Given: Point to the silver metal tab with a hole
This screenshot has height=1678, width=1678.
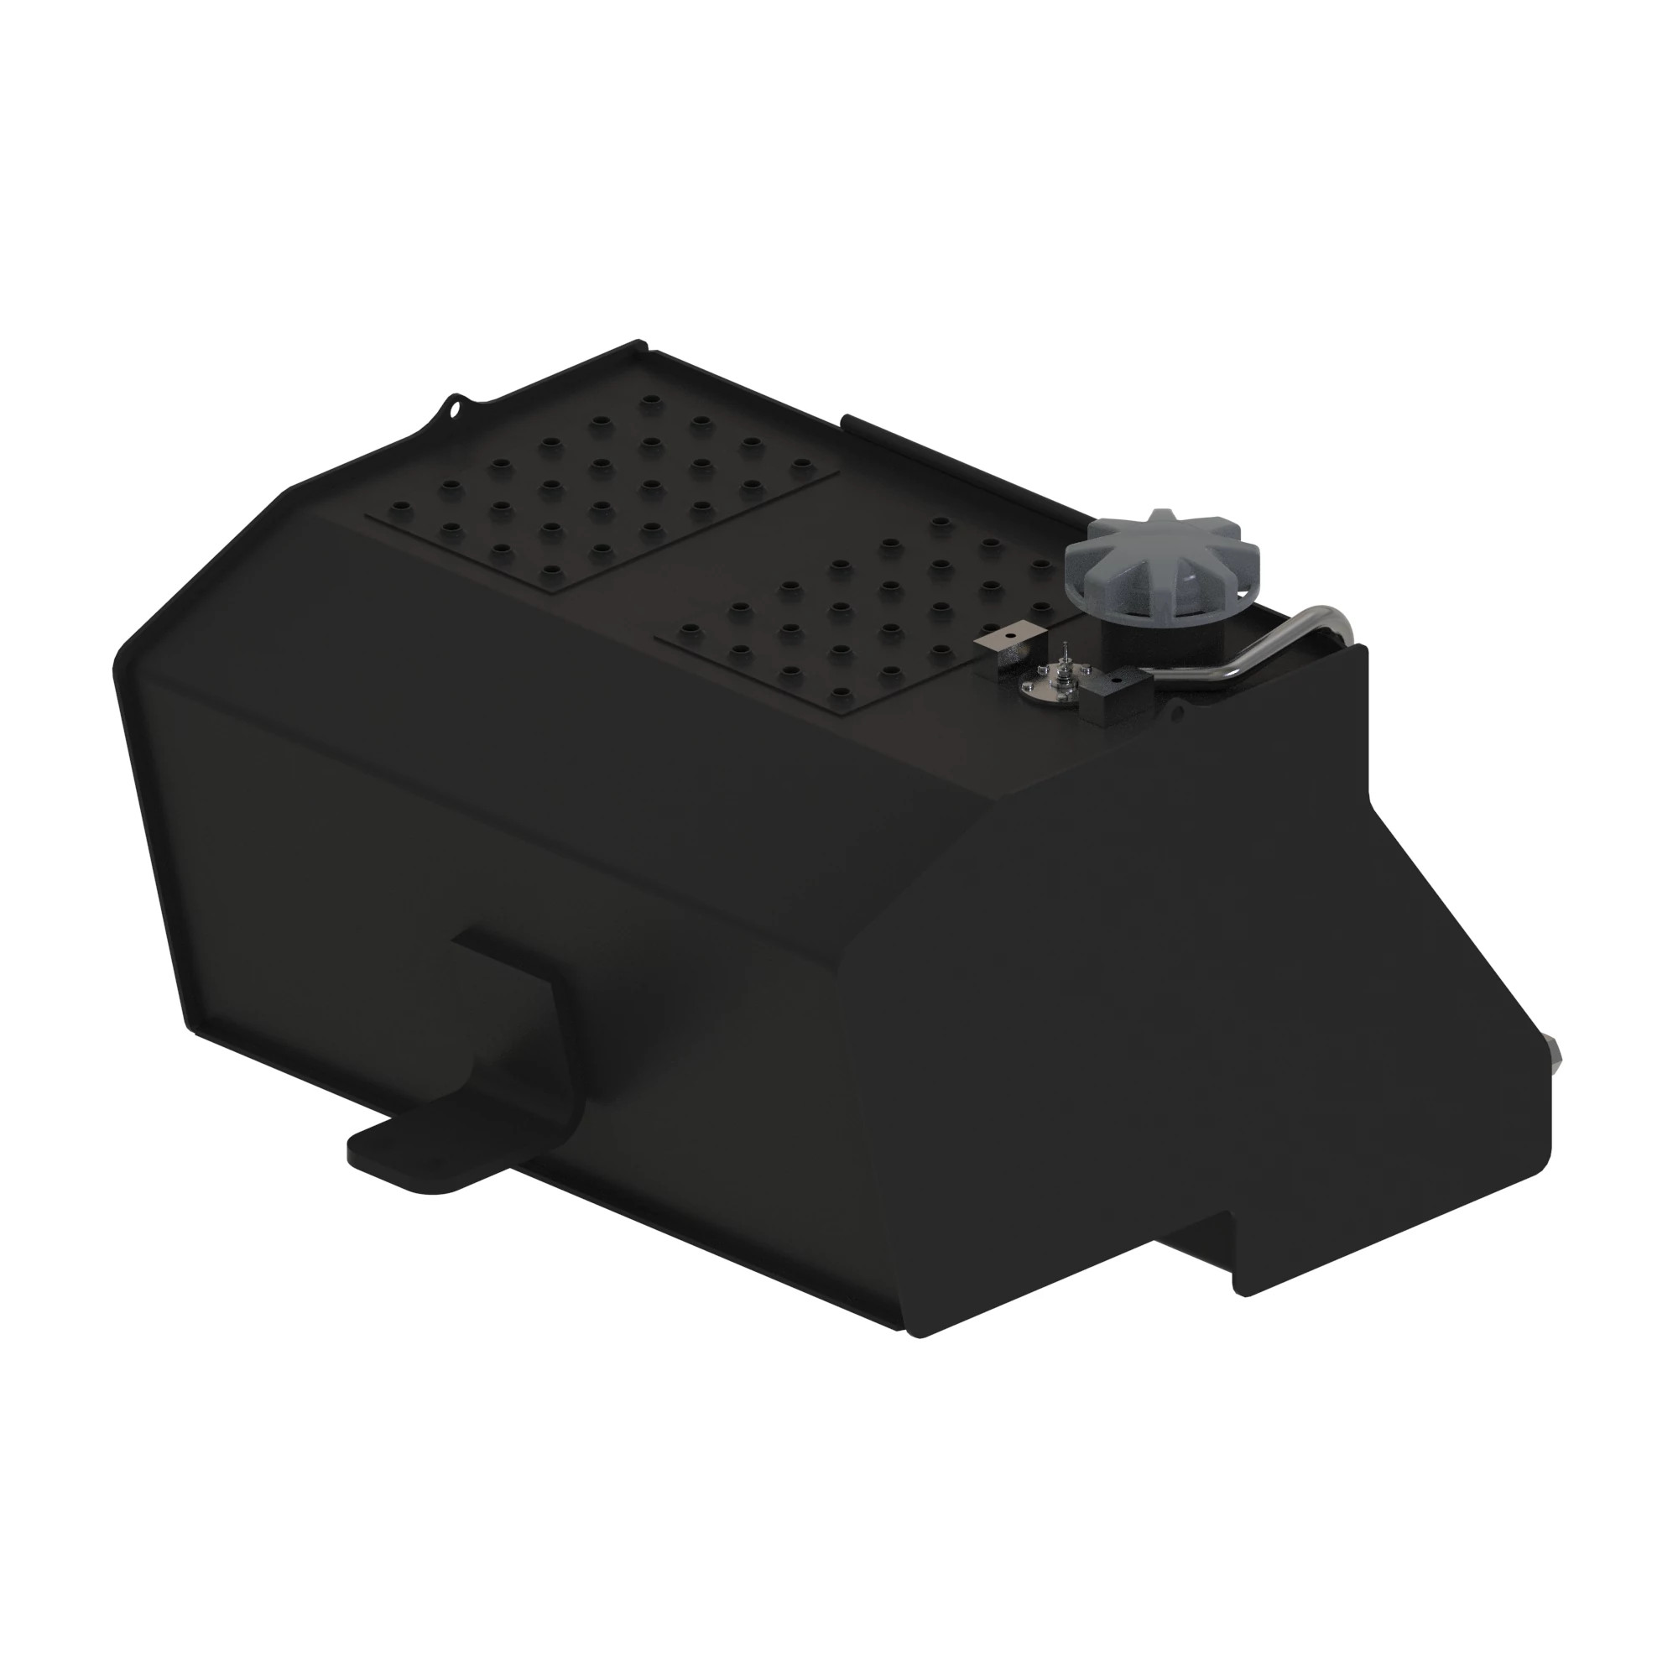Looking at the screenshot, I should tap(1005, 643).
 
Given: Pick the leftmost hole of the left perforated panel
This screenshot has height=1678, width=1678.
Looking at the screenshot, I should tap(399, 505).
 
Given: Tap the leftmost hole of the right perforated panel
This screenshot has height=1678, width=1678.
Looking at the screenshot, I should tap(690, 627).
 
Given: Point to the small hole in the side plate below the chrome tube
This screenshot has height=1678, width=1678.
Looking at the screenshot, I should tap(1178, 715).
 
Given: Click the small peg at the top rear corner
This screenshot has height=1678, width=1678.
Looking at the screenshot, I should tap(640, 343).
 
